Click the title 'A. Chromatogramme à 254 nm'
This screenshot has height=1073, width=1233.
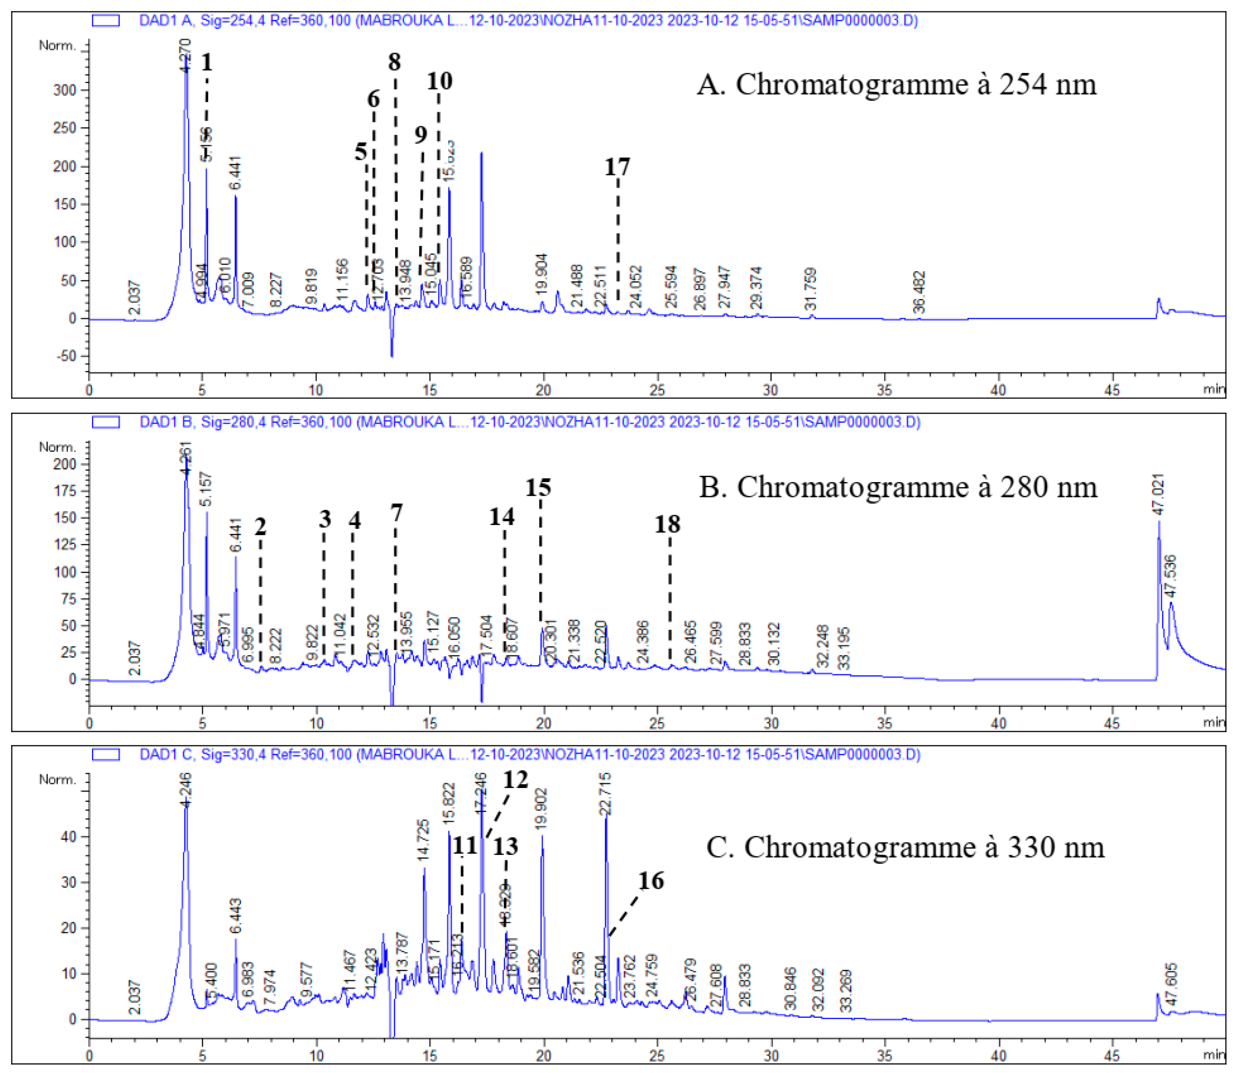point(896,84)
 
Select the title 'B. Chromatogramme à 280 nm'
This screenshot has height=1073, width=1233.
point(898,487)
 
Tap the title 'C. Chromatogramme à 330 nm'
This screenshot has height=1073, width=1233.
point(905,847)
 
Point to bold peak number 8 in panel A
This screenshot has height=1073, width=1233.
point(394,62)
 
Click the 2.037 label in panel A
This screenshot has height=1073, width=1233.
point(135,297)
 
